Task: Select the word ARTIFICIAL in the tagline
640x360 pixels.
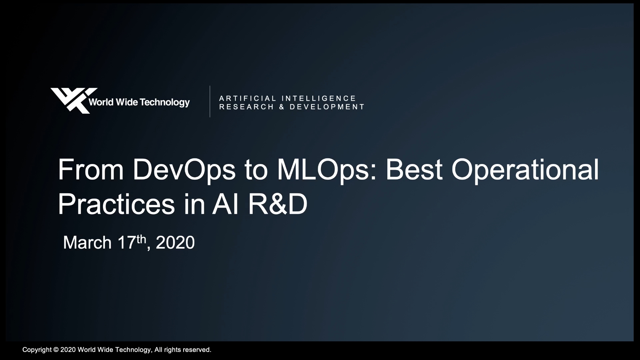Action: [248, 98]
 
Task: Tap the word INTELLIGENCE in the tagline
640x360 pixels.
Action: [319, 98]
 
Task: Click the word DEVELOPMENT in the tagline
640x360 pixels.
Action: [327, 107]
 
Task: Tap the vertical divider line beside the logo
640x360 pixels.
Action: [210, 101]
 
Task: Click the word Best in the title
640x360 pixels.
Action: [414, 170]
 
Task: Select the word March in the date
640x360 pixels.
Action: [87, 242]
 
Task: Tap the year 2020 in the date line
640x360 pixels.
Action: [175, 242]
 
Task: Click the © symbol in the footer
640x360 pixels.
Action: [56, 350]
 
